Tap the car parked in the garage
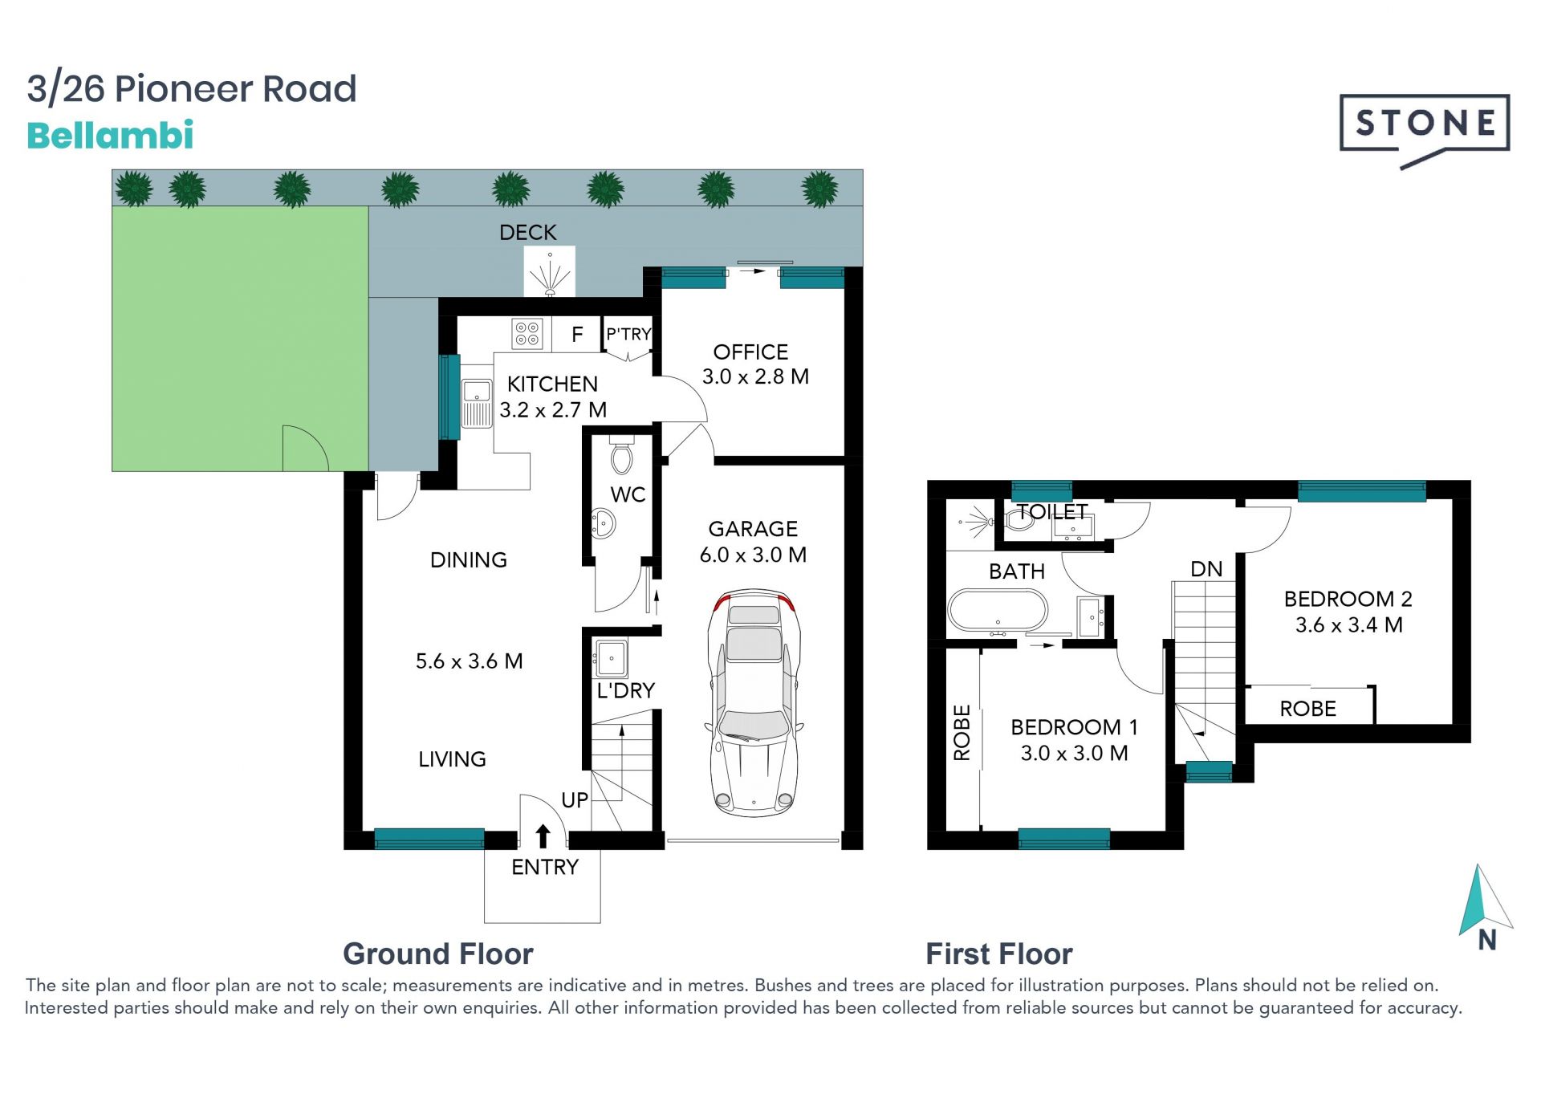coord(754,703)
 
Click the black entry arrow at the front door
coord(543,836)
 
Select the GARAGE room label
coord(753,529)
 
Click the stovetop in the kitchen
coord(527,333)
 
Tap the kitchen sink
coord(477,402)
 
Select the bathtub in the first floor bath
coord(998,612)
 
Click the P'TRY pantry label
coord(628,334)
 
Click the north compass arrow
coord(1485,899)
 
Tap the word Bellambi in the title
coord(110,136)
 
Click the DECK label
coord(527,233)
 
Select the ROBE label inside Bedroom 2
coord(1307,709)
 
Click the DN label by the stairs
coord(1206,569)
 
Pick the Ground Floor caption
coord(438,954)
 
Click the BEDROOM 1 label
coord(1074,727)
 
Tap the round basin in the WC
coord(603,524)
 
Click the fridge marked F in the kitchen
coord(577,334)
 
